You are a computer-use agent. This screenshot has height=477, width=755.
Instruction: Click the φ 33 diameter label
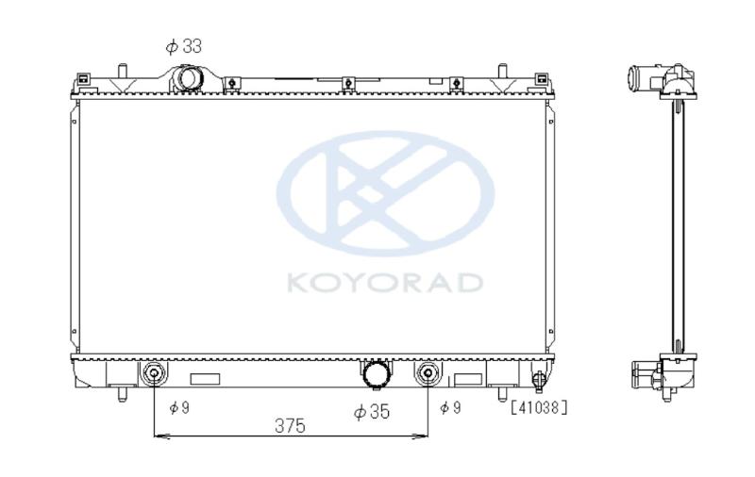[183, 46]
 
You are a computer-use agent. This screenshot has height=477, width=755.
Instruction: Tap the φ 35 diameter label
[371, 412]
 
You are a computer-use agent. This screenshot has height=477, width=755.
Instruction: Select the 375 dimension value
[290, 425]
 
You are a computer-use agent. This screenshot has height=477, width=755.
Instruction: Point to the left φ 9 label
[179, 408]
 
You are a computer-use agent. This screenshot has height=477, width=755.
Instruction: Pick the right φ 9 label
[450, 408]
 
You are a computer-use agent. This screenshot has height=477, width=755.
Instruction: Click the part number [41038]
[539, 408]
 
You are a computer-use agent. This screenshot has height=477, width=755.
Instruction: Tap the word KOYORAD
[385, 283]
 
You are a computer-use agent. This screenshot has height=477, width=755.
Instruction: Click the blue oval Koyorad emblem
[385, 193]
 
